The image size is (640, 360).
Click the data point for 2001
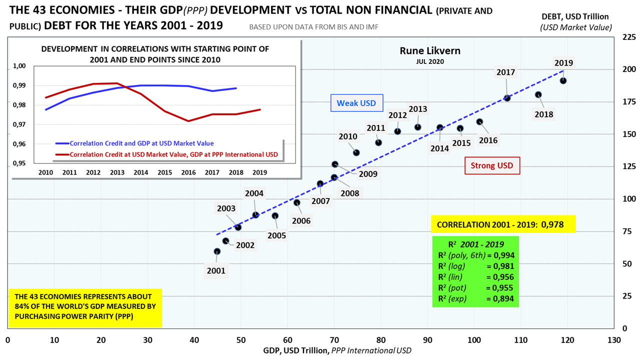click(217, 251)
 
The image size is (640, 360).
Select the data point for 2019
click(563, 80)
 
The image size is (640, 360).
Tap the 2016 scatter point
click(479, 121)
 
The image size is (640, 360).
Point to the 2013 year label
click(417, 109)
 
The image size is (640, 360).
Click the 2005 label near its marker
click(276, 235)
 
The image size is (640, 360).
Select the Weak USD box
click(356, 103)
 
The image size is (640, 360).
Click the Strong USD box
click(492, 165)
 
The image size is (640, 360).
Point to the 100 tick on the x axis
click(474, 340)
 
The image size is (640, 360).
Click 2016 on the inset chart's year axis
click(188, 172)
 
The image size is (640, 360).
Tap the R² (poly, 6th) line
click(475, 255)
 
